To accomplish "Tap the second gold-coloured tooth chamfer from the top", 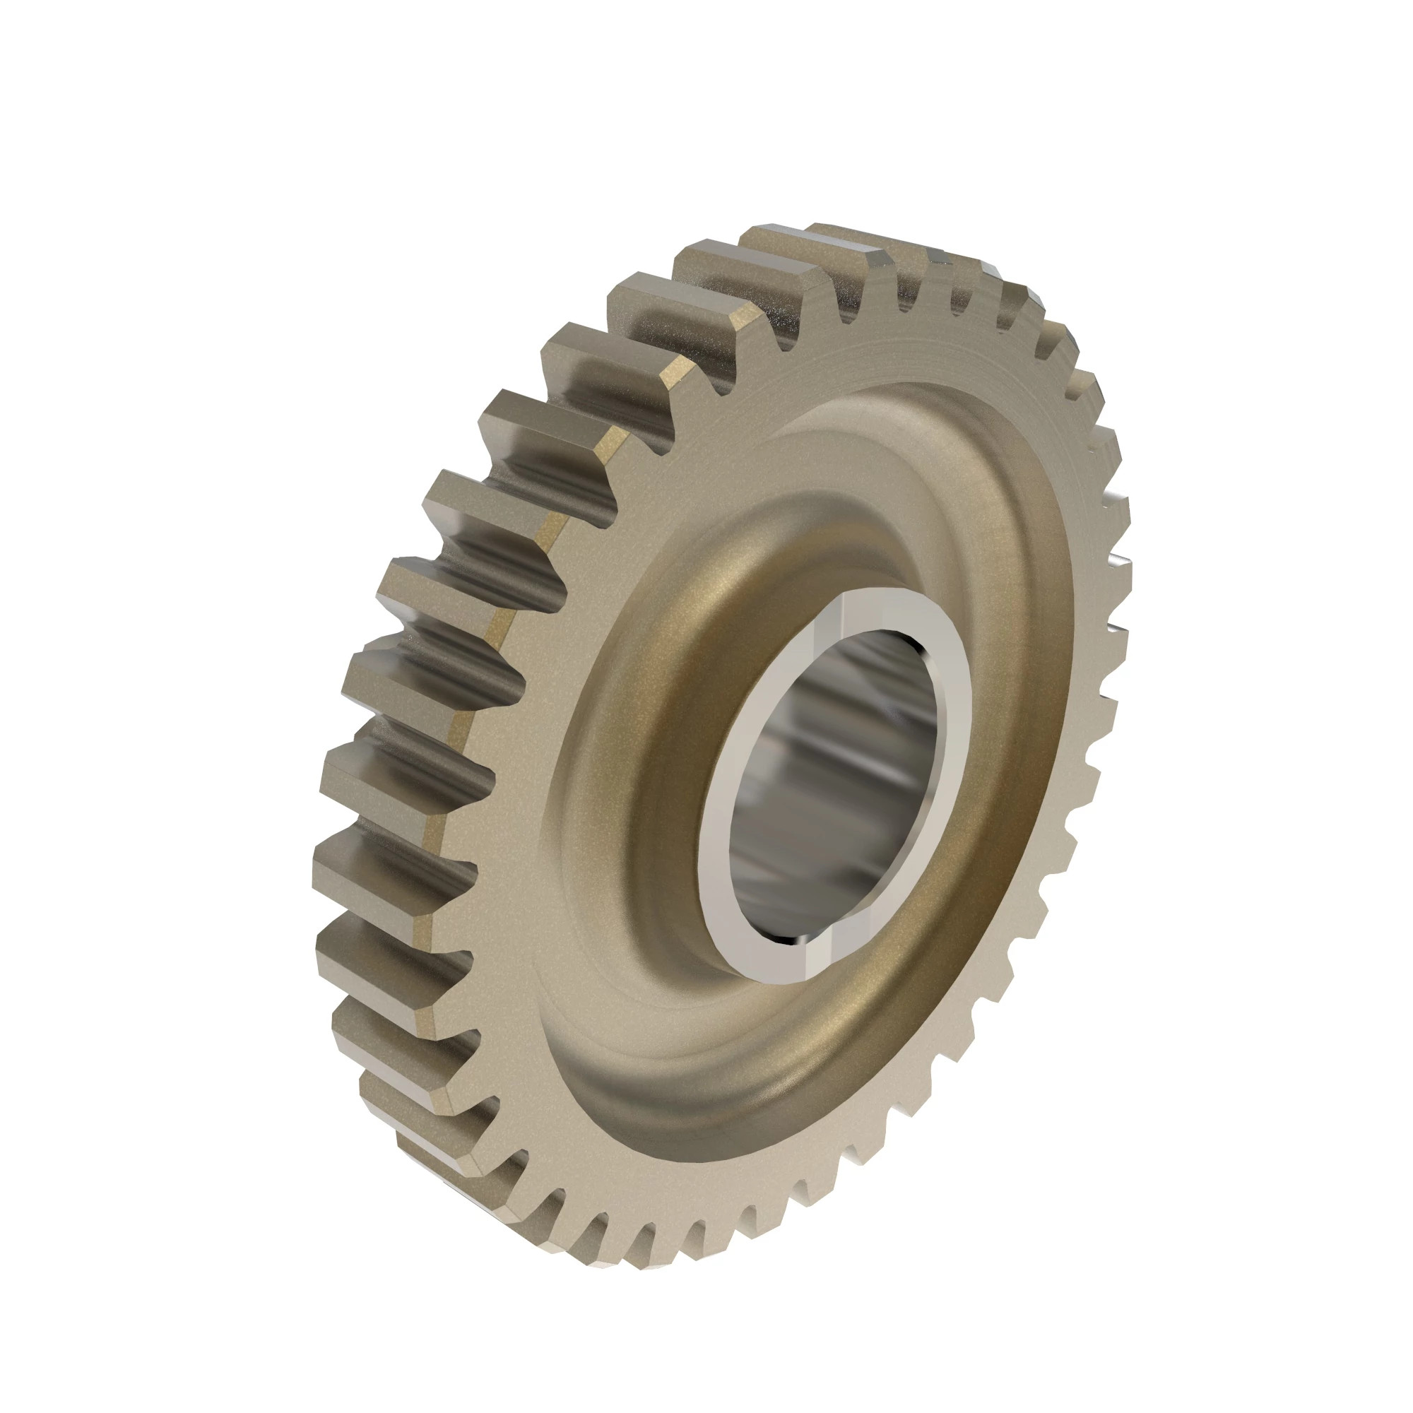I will pos(677,373).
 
